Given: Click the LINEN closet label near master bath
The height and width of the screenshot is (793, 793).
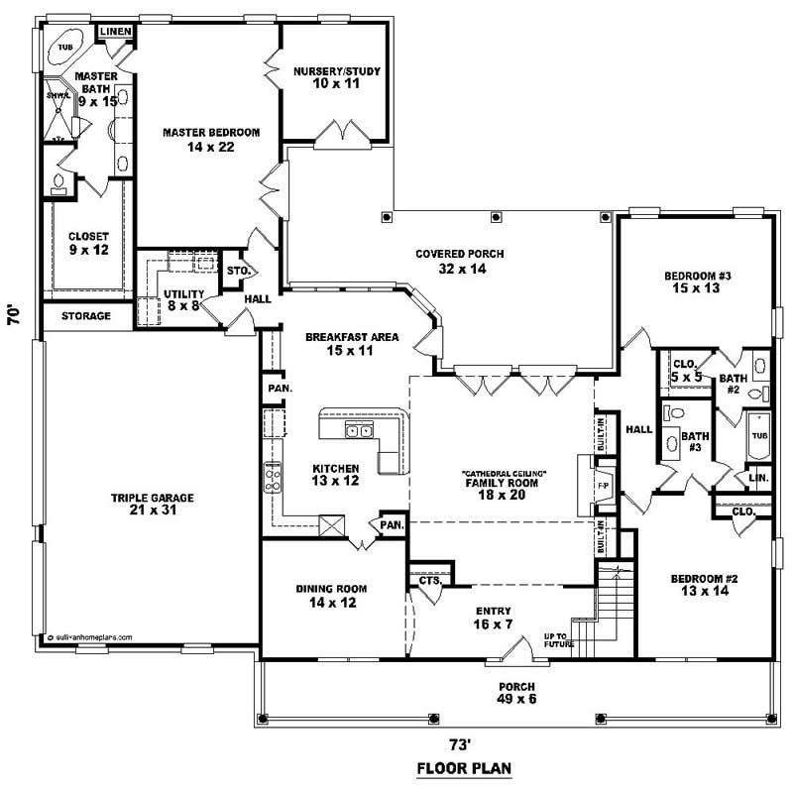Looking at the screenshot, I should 115,33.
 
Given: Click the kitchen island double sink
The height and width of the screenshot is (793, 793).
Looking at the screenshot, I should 359,430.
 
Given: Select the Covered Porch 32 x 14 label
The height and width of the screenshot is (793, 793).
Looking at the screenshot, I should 460,261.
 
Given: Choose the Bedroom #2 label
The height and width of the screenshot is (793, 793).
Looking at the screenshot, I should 704,584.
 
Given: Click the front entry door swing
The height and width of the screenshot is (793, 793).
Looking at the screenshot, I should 517,651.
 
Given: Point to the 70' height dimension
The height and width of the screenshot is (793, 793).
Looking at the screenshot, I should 14,315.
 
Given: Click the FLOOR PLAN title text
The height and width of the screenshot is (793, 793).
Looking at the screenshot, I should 464,768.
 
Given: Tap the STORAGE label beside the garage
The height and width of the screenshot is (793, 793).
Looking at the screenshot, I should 85,316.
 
